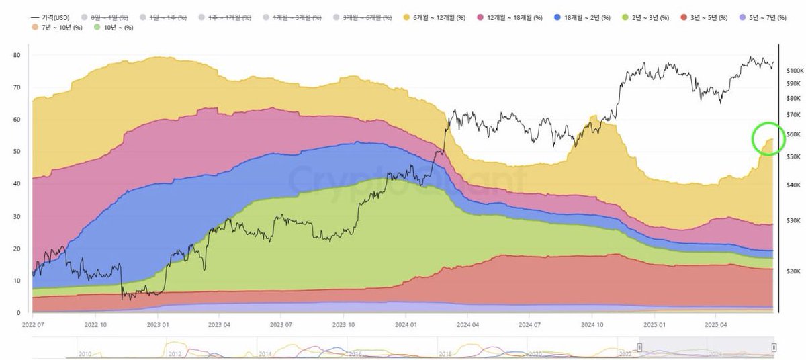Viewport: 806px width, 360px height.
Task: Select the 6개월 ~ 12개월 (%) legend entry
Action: tap(438, 17)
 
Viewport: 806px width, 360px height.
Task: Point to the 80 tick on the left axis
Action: tap(17, 55)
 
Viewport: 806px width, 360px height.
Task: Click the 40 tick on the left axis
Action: tap(17, 184)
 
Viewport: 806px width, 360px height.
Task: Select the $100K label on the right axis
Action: tap(795, 71)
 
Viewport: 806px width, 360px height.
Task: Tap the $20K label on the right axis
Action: tap(795, 271)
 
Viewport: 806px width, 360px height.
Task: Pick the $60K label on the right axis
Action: tap(795, 134)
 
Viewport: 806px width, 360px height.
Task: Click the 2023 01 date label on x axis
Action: tap(158, 324)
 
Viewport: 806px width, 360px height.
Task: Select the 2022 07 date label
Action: tap(33, 324)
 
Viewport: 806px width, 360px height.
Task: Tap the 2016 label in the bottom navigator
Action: tap(354, 353)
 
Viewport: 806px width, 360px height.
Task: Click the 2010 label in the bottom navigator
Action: tap(85, 353)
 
